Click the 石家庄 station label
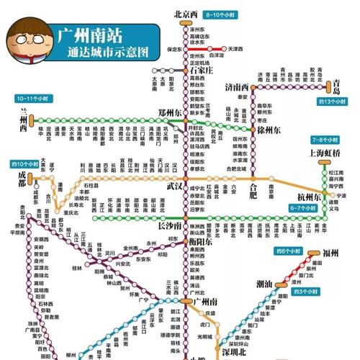coord(202,71)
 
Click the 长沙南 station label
coord(171,225)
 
